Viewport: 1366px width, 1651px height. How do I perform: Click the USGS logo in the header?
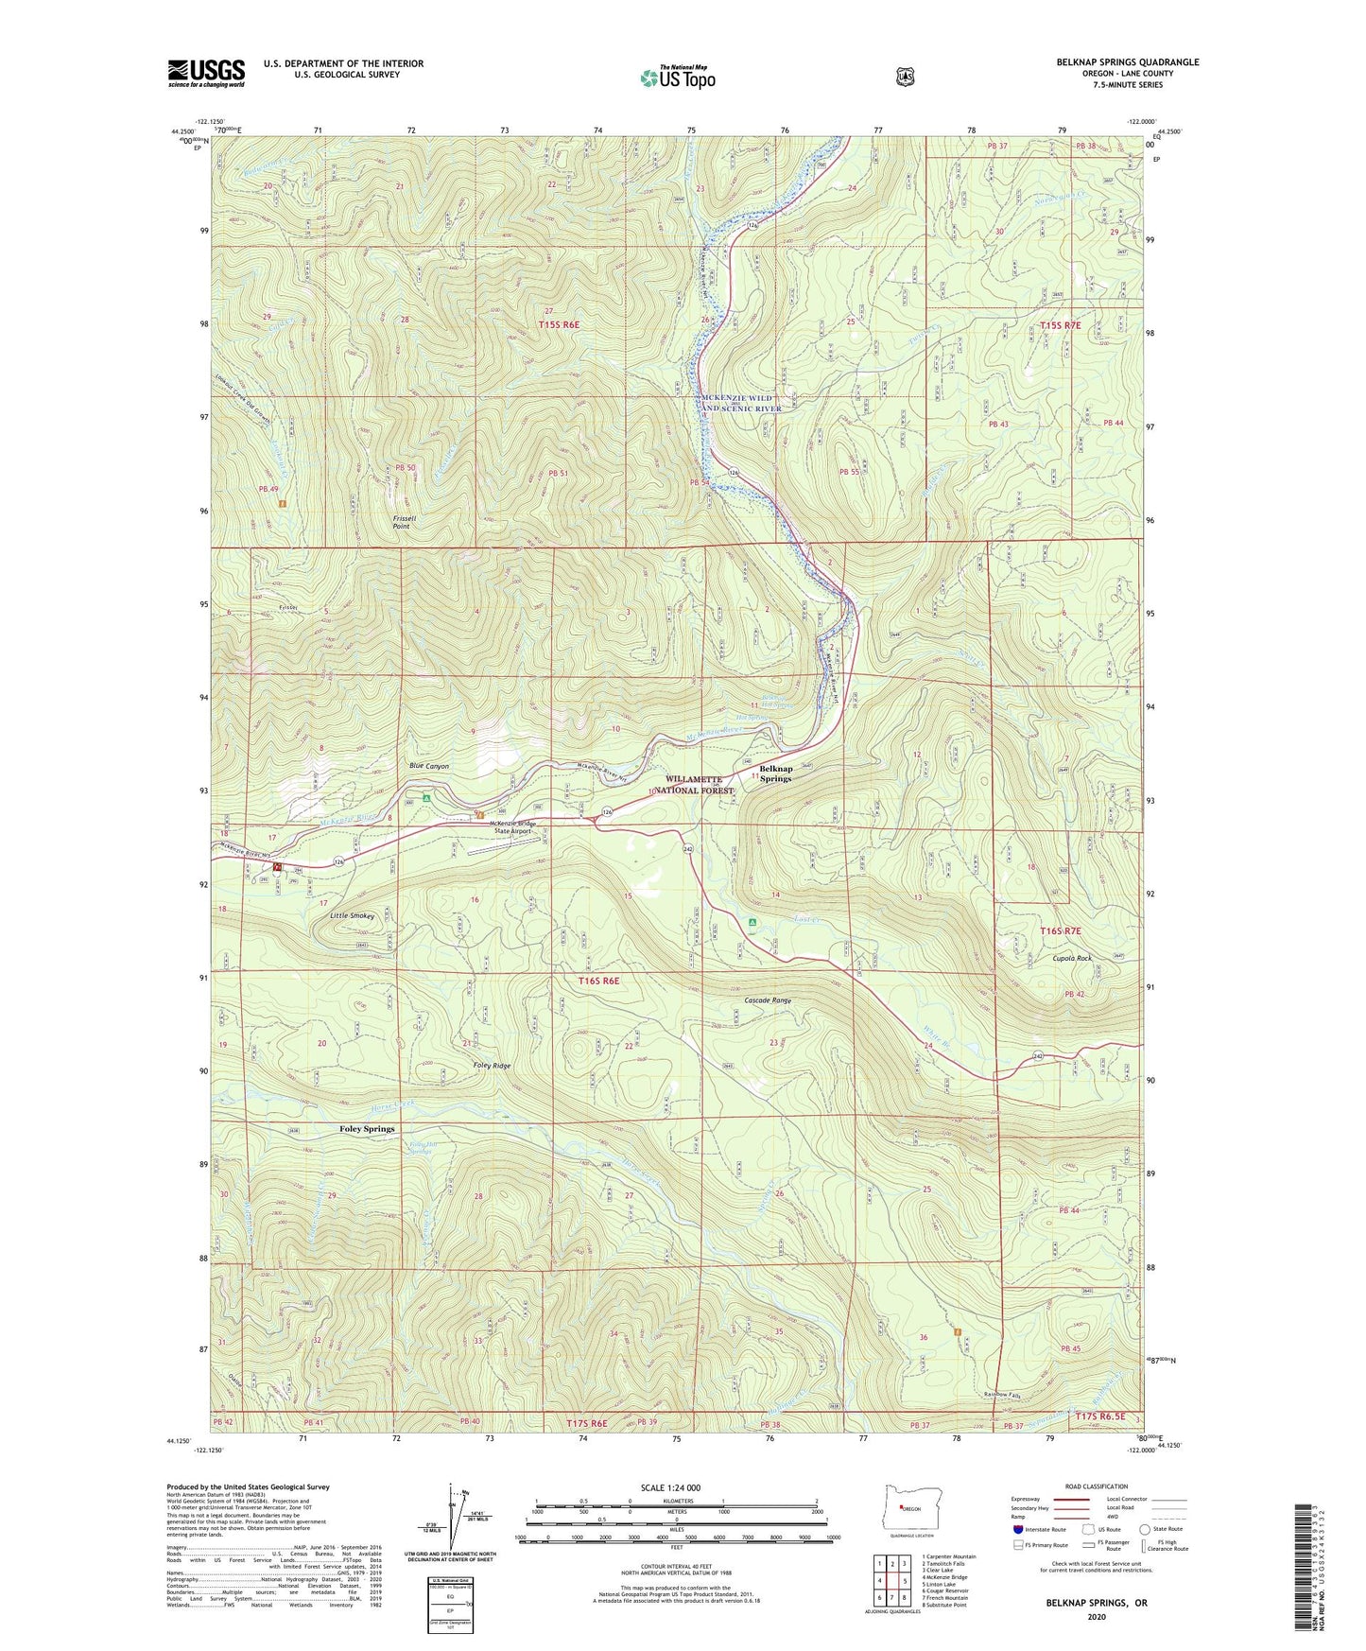206,73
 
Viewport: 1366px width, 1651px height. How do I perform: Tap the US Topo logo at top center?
677,78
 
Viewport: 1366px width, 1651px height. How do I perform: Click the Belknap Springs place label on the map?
775,773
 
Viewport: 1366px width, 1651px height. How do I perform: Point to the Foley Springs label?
367,1129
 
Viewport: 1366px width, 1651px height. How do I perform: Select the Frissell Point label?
401,522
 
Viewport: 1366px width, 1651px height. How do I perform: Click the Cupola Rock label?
1072,958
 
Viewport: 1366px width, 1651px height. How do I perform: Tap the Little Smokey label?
352,916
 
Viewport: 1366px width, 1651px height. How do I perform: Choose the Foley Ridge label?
492,1066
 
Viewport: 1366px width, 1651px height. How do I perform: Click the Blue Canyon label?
429,766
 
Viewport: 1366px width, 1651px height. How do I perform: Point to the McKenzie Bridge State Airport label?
512,827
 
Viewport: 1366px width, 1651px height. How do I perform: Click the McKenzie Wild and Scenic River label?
737,404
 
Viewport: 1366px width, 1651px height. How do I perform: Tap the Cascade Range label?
768,1000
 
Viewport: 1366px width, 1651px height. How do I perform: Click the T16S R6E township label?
599,981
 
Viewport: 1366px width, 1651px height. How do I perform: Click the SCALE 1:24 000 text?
670,1487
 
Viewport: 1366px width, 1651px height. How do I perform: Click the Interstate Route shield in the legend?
1017,1529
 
